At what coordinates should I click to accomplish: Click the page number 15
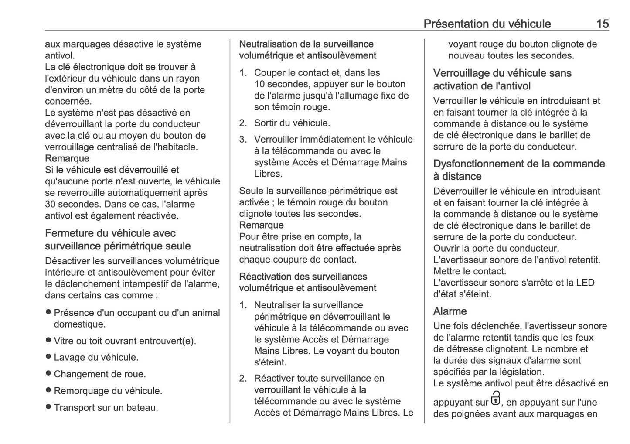602,24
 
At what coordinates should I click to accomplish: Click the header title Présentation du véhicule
487,24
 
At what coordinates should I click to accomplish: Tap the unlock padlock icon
496,399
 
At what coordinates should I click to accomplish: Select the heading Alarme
450,311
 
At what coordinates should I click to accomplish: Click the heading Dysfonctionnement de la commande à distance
519,170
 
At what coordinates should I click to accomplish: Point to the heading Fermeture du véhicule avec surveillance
118,239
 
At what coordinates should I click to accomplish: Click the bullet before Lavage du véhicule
48,357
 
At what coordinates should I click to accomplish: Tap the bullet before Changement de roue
48,373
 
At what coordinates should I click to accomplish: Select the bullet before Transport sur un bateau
48,407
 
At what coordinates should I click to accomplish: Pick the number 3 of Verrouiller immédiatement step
243,140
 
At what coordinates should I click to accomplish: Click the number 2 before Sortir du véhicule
243,123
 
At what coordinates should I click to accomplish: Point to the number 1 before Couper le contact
243,73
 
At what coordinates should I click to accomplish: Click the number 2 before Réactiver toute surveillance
243,378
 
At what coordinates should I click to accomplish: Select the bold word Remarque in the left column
67,158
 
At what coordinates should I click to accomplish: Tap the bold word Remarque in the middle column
261,225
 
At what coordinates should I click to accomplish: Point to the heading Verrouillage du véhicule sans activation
502,79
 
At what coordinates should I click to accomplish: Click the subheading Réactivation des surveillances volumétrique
307,282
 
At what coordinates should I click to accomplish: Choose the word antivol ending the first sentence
60,55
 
